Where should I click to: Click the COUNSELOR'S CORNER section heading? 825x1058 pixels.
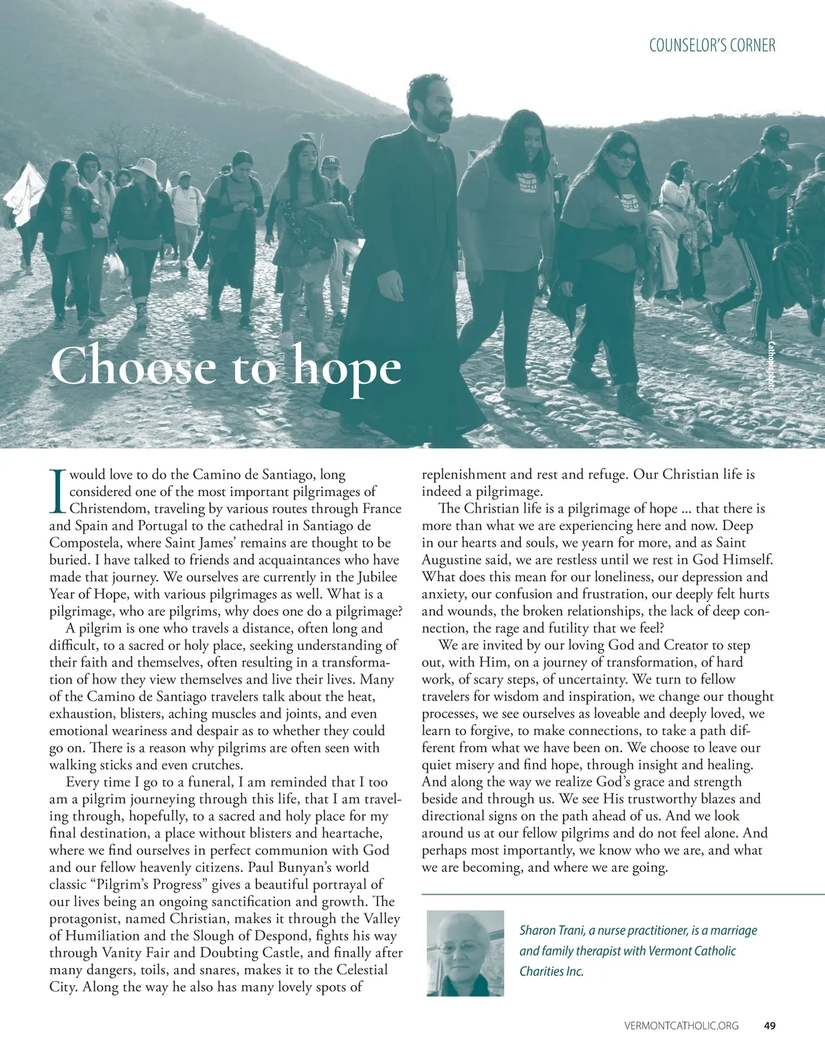(712, 45)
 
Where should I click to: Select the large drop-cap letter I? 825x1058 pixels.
(57, 491)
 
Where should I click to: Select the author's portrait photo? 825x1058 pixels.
(465, 953)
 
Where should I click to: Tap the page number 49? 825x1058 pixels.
(769, 1026)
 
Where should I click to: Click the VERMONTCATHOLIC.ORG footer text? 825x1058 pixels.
(681, 1026)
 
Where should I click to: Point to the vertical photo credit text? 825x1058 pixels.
(771, 367)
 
